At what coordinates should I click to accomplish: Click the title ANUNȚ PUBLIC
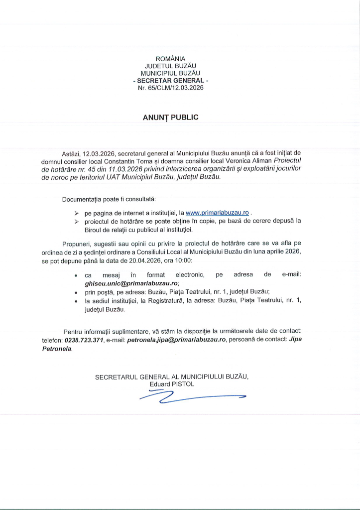pyautogui.click(x=171, y=118)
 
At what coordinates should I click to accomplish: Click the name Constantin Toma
pyautogui.click(x=135, y=161)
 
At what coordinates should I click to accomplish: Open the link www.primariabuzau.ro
pyautogui.click(x=217, y=212)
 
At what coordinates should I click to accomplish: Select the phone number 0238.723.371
pyautogui.click(x=84, y=340)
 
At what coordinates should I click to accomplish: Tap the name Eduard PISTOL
pyautogui.click(x=172, y=384)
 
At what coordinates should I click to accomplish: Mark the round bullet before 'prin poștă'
pyautogui.click(x=75, y=292)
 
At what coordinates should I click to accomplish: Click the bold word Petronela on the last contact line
pyautogui.click(x=57, y=349)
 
